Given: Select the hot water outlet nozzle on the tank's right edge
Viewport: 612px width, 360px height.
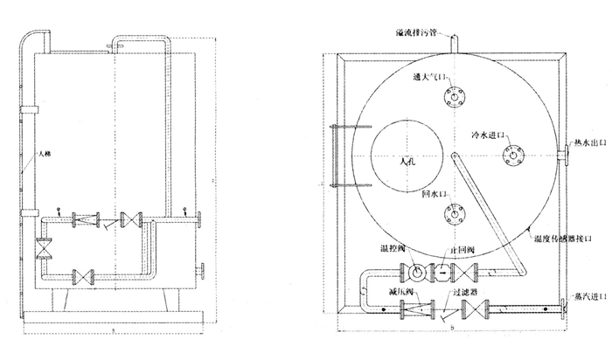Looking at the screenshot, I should [x=560, y=156].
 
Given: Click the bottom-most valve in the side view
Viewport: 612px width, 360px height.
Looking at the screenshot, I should [x=83, y=279].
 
